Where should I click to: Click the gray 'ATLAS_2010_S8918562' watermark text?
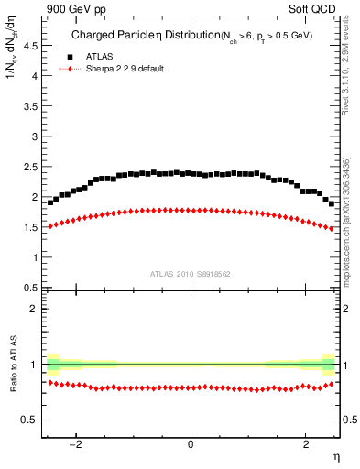[191, 273]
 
